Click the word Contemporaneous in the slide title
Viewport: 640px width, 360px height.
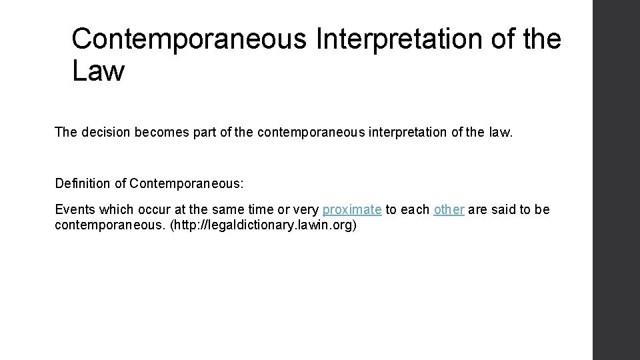tap(189, 39)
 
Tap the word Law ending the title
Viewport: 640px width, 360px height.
tap(98, 71)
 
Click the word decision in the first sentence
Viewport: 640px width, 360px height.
tap(106, 132)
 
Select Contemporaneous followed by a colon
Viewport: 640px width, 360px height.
tap(189, 183)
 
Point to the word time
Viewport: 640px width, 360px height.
tap(257, 209)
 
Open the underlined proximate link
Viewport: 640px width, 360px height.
tap(352, 209)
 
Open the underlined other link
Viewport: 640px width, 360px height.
tap(449, 209)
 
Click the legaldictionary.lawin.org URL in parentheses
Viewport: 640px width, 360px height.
tap(263, 225)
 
